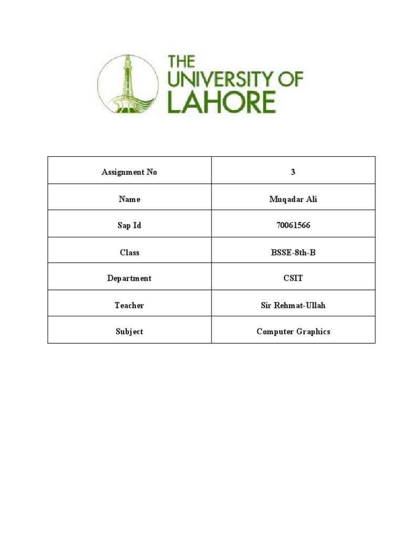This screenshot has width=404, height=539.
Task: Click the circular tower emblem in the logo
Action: coord(127,84)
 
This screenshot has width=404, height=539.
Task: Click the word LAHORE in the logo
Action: coord(221,102)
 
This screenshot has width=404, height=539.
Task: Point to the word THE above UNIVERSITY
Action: coord(181,61)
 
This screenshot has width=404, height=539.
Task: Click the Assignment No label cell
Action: coord(129,172)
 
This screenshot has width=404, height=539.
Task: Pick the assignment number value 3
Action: coord(293,172)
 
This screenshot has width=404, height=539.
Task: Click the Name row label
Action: coord(129,199)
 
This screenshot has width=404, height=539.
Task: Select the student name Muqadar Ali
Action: coord(293,199)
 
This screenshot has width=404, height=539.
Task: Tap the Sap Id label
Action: coord(129,226)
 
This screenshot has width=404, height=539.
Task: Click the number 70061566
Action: coord(293,226)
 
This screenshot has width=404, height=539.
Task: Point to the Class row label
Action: coord(129,253)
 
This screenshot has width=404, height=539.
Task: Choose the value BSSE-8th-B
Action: coord(293,253)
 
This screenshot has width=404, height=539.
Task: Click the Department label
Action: coord(129,278)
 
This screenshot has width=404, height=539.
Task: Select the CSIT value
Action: coord(293,278)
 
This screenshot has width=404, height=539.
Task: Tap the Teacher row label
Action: coord(129,305)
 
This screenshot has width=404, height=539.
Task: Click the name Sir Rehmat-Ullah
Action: coord(293,305)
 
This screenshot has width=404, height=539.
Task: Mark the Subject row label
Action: coord(129,332)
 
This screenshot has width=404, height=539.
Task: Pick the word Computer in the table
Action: coord(274,332)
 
